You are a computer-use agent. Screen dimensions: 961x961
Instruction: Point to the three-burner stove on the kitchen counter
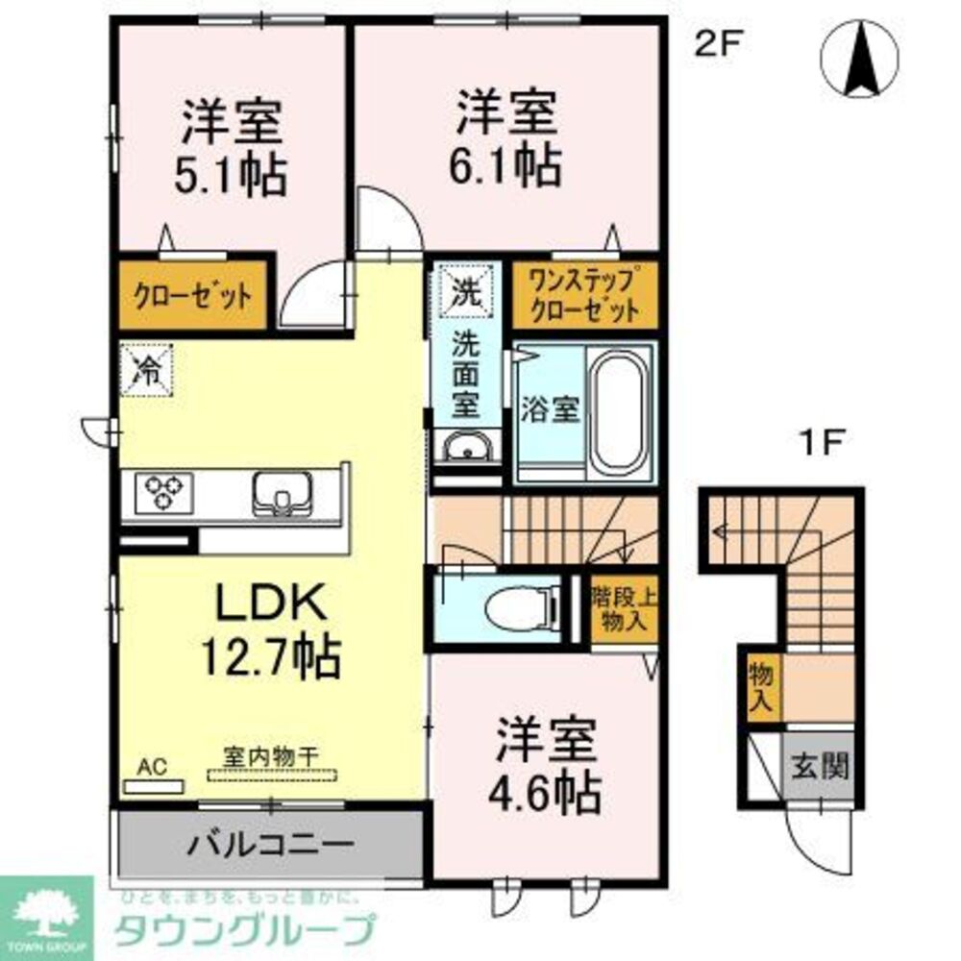pos(162,493)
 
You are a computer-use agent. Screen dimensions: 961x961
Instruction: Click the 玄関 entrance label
pos(820,767)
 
